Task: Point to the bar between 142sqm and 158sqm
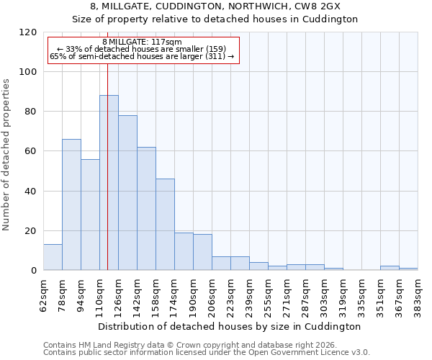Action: coord(146,209)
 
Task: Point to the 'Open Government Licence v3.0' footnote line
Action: coord(206,352)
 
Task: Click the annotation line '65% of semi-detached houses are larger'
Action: coord(142,56)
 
